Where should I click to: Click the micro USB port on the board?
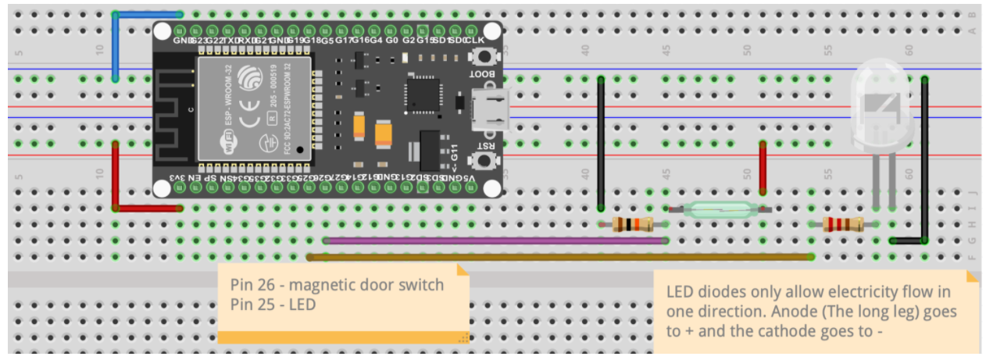coord(489,109)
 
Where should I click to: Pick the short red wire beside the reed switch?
coord(763,168)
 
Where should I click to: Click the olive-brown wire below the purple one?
coord(559,256)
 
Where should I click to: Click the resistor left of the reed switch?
coord(633,225)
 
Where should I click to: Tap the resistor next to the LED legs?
coord(843,225)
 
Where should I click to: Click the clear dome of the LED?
coord(880,102)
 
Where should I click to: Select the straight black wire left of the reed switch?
coord(600,144)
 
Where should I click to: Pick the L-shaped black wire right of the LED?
coord(924,164)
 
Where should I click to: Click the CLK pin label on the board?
coord(475,41)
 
